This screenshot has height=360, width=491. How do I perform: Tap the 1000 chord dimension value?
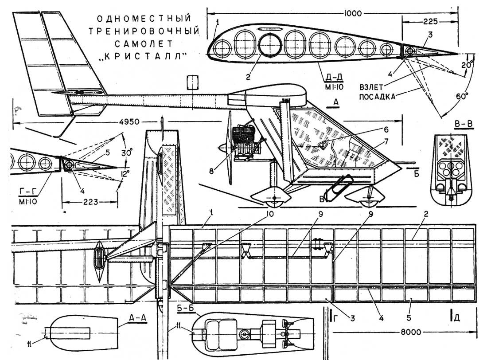[x=352, y=12]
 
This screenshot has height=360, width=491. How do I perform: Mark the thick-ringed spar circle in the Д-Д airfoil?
[x=270, y=45]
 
